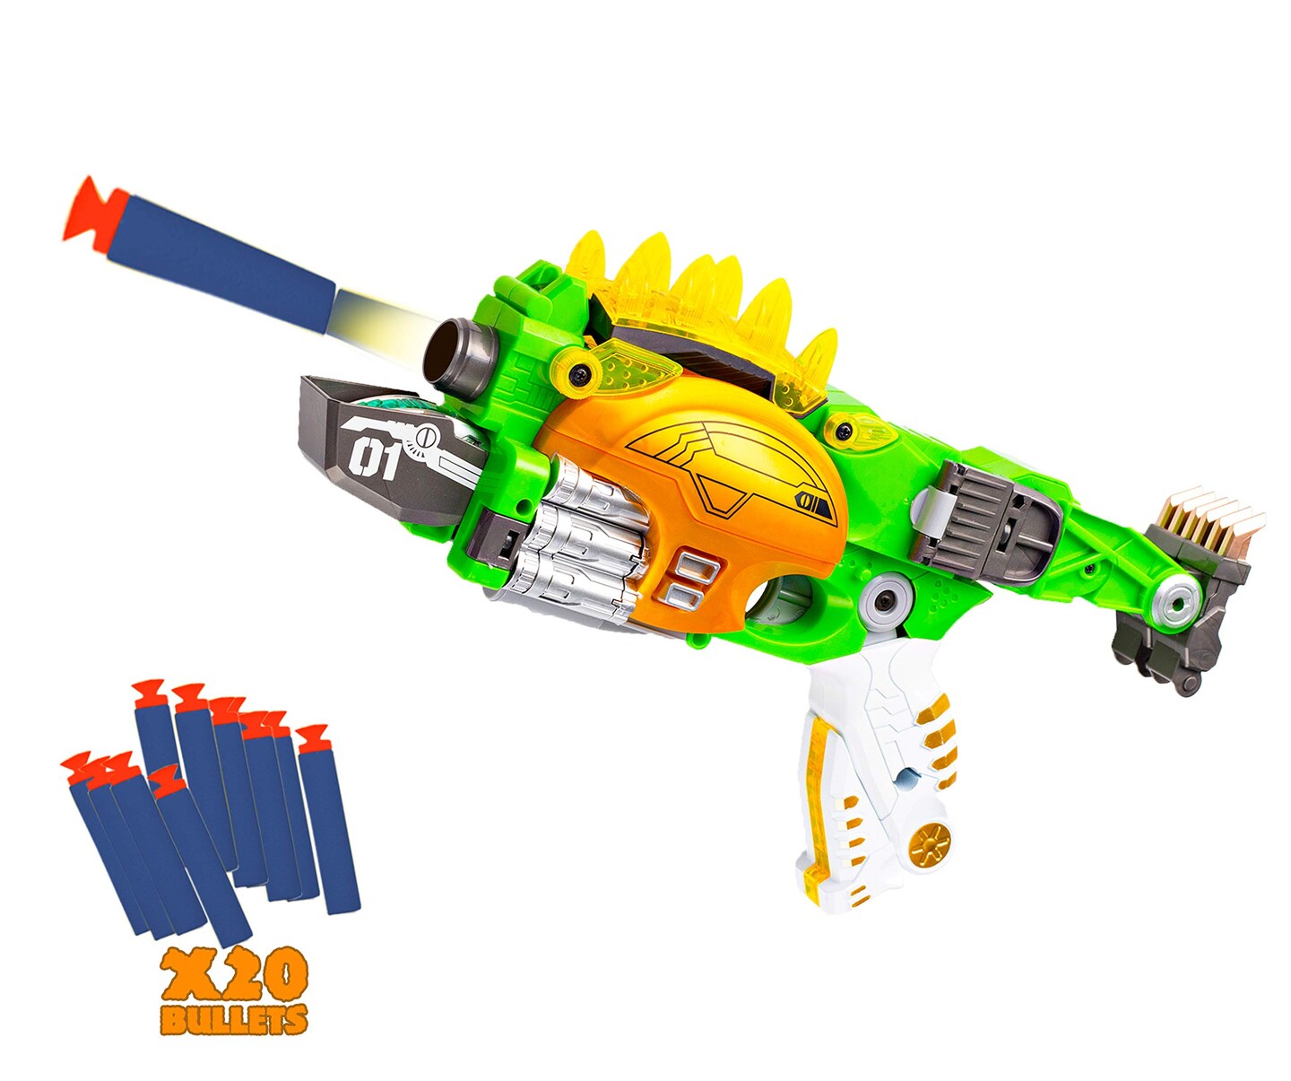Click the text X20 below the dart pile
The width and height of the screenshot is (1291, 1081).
click(x=235, y=976)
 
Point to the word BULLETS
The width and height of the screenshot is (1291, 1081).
click(x=234, y=1018)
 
